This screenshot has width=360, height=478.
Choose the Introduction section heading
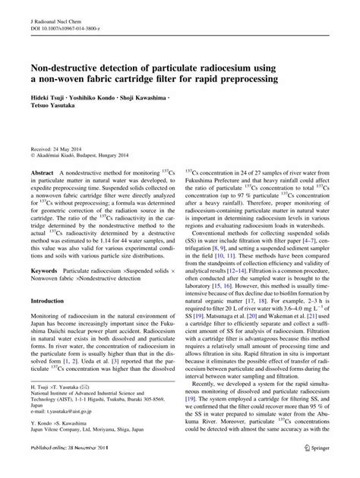(x=49, y=302)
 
